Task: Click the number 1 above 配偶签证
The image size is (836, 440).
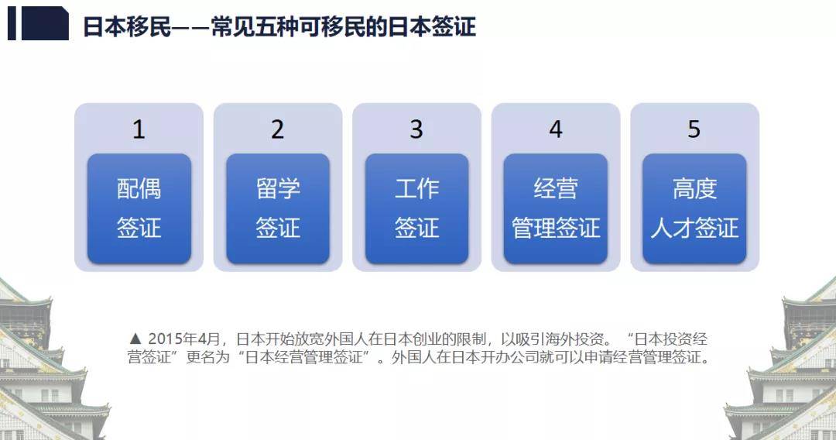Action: pos(139,129)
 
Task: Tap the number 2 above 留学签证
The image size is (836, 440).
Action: pos(277,129)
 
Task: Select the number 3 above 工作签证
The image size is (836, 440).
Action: pos(416,129)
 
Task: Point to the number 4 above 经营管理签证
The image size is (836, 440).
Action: pos(556,129)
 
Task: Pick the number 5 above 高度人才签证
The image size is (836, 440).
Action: pos(694,129)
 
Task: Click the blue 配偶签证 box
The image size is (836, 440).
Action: pos(139,208)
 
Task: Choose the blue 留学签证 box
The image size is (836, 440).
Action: pos(278,208)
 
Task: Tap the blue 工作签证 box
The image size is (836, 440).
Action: pos(417,208)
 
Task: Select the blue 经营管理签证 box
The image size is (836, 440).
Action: pos(556,208)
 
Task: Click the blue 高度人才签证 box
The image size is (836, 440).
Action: pos(694,208)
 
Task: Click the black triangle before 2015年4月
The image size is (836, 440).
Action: pos(135,339)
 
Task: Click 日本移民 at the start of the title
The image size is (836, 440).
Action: pos(127,26)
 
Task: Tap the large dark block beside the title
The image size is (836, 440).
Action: pos(46,23)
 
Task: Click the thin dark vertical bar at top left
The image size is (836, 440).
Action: pos(12,23)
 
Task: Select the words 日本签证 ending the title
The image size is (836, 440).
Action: pos(432,26)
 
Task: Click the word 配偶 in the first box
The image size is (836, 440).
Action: pos(139,188)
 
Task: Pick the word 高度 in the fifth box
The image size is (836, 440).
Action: pos(694,188)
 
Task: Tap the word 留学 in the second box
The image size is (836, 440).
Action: pos(278,188)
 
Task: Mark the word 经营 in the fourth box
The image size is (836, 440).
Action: pos(556,188)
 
